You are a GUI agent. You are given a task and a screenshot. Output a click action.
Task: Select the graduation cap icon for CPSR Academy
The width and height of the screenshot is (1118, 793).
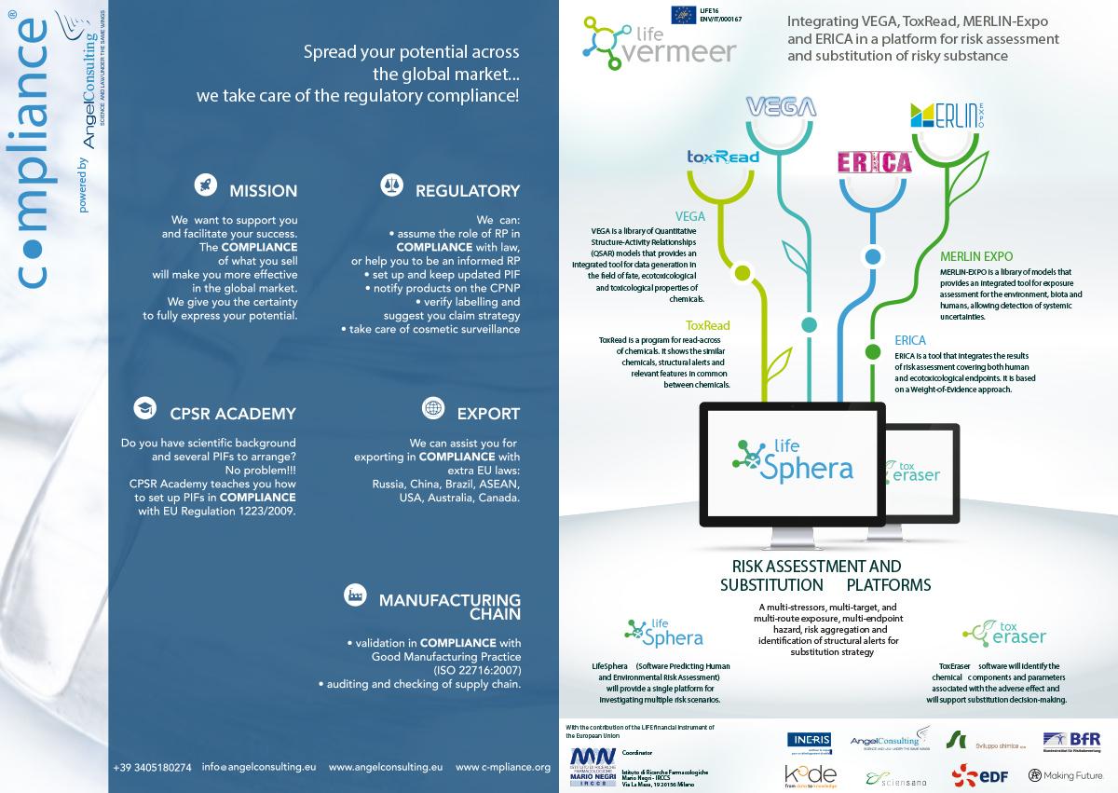(x=144, y=408)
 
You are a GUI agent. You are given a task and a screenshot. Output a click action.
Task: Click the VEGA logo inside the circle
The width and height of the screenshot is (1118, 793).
(x=783, y=106)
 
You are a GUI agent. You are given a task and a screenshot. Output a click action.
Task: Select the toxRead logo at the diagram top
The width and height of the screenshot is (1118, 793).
(x=722, y=157)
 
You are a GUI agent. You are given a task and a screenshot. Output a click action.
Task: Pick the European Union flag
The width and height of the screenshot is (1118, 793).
(x=681, y=14)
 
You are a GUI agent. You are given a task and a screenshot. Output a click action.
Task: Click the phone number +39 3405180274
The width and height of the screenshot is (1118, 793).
(x=152, y=768)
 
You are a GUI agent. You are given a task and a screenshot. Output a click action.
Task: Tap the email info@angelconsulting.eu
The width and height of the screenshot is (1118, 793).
(x=260, y=768)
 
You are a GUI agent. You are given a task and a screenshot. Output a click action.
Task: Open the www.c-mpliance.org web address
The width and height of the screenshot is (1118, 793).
(x=503, y=768)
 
